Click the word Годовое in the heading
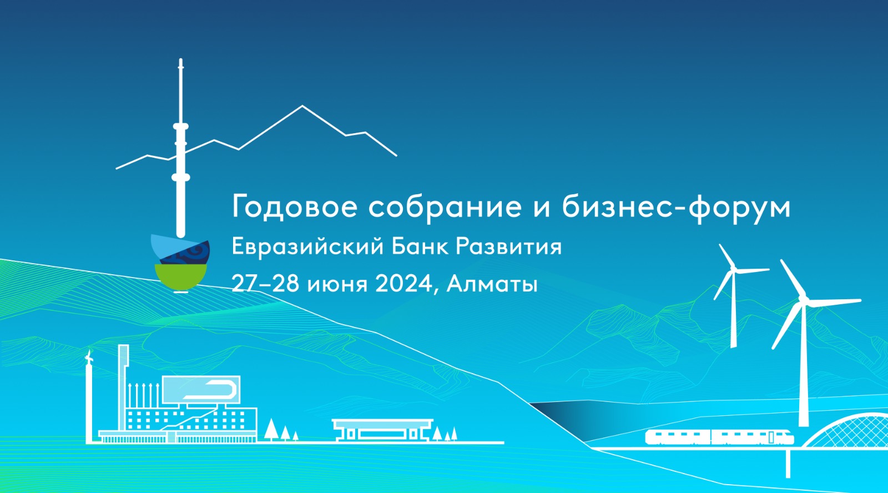[295, 206]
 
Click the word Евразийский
[307, 247]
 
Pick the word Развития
[508, 247]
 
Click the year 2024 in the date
[403, 284]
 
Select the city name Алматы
[492, 284]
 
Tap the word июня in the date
[337, 285]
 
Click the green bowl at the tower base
[181, 276]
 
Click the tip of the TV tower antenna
[181, 59]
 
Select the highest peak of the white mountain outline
[302, 106]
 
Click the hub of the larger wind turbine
[804, 299]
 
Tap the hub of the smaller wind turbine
[733, 269]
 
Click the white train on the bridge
[719, 437]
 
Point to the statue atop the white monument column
[89, 358]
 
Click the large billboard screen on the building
[201, 389]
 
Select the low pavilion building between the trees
[382, 430]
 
